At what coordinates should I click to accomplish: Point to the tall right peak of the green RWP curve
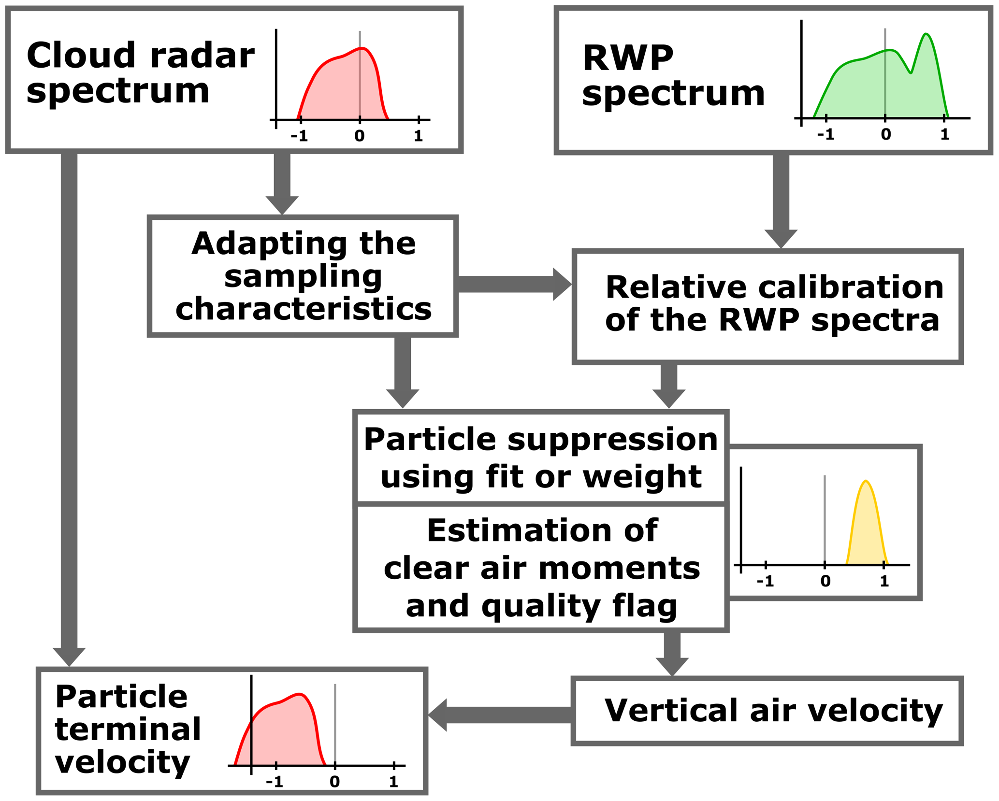926,35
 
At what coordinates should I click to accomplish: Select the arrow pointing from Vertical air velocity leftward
500,715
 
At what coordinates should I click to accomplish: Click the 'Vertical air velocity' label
773,711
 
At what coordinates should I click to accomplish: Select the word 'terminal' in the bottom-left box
128,729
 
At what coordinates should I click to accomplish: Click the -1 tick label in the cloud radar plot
299,137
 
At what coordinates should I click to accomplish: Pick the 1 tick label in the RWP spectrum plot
945,135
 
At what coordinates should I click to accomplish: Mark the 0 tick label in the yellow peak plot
825,581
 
